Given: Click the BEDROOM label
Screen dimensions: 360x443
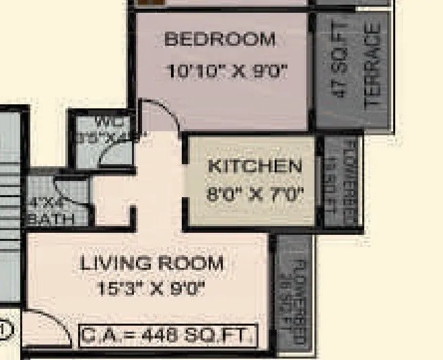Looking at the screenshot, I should tap(220, 40).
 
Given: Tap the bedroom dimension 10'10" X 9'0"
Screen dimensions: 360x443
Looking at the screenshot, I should tap(227, 71).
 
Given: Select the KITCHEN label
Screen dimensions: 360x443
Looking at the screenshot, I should tap(254, 166).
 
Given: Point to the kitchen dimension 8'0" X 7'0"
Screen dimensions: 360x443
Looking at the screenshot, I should tap(254, 195).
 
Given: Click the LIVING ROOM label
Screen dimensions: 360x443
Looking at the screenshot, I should tap(151, 263).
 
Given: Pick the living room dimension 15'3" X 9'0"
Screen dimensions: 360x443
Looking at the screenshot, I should tap(150, 290).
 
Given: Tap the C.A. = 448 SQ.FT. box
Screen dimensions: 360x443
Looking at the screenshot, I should tap(169, 334).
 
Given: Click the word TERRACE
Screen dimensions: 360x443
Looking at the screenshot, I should tap(374, 67).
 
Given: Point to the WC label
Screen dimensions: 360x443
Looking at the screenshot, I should tap(104, 122).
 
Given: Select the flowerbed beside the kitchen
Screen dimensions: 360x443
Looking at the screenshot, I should tap(341, 182).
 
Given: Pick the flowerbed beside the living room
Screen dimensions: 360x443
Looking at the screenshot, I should tap(294, 293).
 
